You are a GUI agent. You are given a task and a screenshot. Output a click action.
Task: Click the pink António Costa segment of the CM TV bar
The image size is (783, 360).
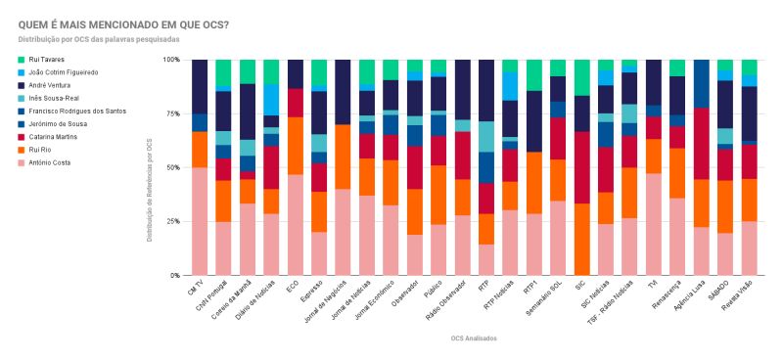click(200, 221)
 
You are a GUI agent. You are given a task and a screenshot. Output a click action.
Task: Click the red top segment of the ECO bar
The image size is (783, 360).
click(296, 102)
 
